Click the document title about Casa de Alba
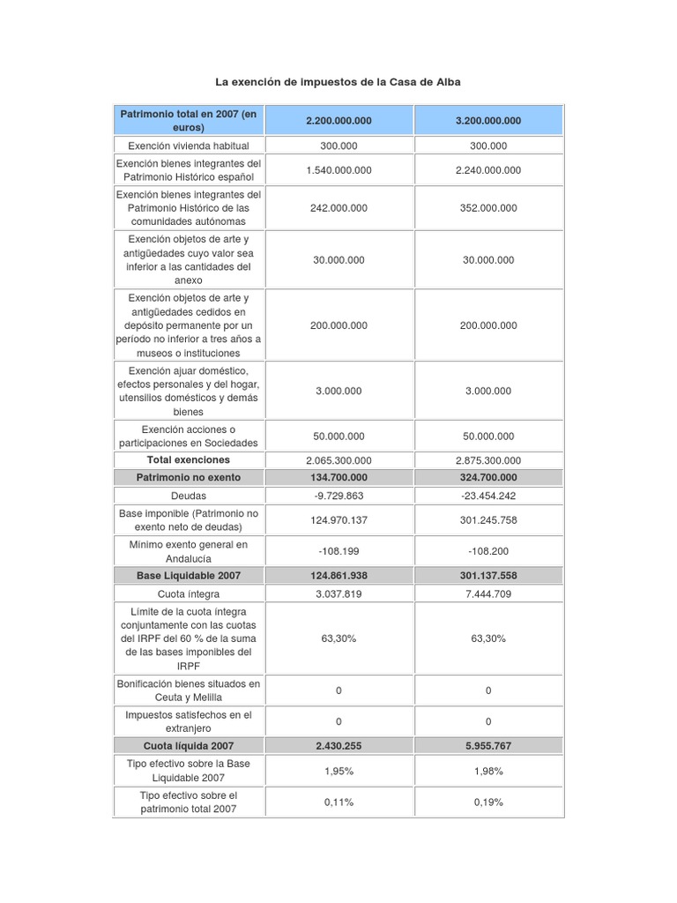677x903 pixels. pyautogui.click(x=338, y=82)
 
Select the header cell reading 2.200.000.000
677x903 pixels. pyautogui.click(x=338, y=121)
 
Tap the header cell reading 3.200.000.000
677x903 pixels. pyautogui.click(x=488, y=121)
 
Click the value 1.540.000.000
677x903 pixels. pyautogui.click(x=338, y=170)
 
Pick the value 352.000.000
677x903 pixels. pyautogui.click(x=488, y=208)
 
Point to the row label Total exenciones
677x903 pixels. pyautogui.click(x=188, y=460)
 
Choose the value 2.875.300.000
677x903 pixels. pyautogui.click(x=488, y=460)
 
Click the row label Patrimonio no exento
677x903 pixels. pyautogui.click(x=188, y=477)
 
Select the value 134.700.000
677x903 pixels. pyautogui.click(x=338, y=477)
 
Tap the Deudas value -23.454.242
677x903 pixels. pyautogui.click(x=488, y=496)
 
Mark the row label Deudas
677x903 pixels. pyautogui.click(x=188, y=496)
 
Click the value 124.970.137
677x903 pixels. pyautogui.click(x=338, y=520)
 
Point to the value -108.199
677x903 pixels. pyautogui.click(x=338, y=551)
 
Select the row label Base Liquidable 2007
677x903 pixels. pyautogui.click(x=188, y=575)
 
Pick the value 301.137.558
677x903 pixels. pyautogui.click(x=488, y=575)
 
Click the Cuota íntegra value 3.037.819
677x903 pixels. pyautogui.click(x=338, y=593)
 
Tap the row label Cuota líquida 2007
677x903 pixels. pyautogui.click(x=188, y=746)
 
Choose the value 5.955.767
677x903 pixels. pyautogui.click(x=488, y=746)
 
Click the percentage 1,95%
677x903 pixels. pyautogui.click(x=338, y=771)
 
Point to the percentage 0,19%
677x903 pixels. pyautogui.click(x=488, y=802)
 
